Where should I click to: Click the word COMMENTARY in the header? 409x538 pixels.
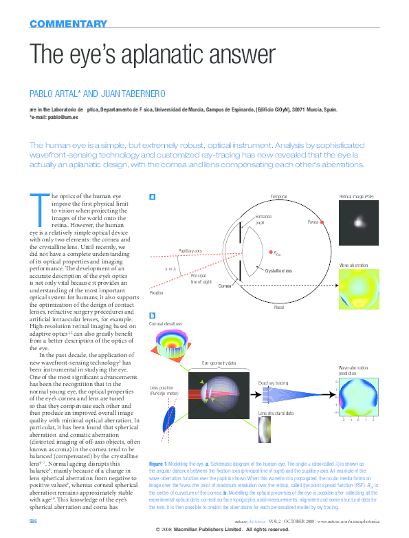coord(68,24)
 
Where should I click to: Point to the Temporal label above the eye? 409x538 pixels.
coord(278,197)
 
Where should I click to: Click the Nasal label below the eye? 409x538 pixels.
coord(278,308)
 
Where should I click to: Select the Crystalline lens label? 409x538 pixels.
coord(278,271)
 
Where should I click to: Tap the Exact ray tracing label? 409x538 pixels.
coord(273,382)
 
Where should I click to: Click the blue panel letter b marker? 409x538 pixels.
coord(153,315)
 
